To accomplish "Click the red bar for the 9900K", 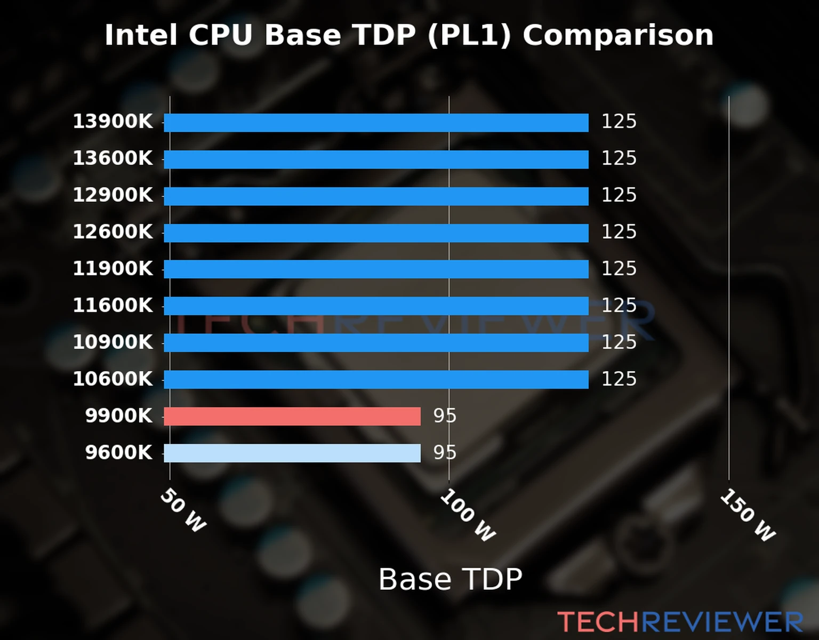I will (x=292, y=416).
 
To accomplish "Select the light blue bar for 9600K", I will (x=292, y=453).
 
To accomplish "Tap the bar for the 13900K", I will (x=376, y=122).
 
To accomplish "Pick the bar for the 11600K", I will (x=376, y=306).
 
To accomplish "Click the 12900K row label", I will (x=113, y=195).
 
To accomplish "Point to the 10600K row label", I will (x=113, y=379).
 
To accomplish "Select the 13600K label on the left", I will (x=113, y=158).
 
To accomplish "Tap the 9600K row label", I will (x=118, y=453).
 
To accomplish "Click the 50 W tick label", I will (x=183, y=510).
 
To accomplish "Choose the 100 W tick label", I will (x=468, y=515).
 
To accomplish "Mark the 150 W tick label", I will (x=747, y=515).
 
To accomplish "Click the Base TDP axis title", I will (x=450, y=579).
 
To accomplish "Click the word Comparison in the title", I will (x=617, y=35).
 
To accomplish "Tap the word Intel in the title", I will (x=140, y=35).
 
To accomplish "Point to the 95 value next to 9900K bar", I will (x=445, y=416).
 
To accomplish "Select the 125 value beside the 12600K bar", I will (x=619, y=232).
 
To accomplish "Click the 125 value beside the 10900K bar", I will (x=619, y=342).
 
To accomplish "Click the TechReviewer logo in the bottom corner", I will (x=680, y=622).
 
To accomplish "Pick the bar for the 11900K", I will (x=376, y=269).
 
